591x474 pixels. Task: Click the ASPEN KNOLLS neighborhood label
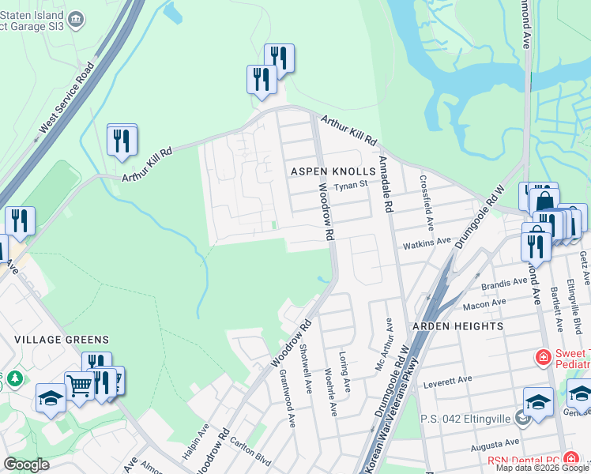coord(326,171)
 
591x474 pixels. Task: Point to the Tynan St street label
coord(350,186)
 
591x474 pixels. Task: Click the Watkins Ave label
coord(426,241)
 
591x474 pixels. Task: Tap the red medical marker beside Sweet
coord(543,358)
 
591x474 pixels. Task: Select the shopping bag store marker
coord(544,201)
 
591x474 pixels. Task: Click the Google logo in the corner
coord(26,465)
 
